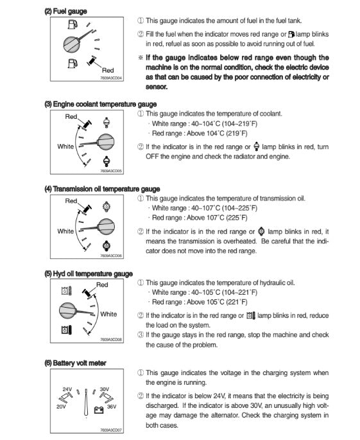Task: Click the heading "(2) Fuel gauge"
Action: tap(65, 11)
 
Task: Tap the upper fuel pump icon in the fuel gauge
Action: tap(73, 24)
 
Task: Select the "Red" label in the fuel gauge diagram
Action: tap(108, 70)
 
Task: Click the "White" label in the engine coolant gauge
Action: tap(65, 146)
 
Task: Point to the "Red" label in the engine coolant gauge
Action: tap(71, 116)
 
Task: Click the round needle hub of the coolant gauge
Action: tap(106, 142)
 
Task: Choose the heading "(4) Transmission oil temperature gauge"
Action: tap(102, 189)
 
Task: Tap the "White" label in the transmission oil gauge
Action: tap(65, 231)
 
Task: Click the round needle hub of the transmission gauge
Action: tap(106, 227)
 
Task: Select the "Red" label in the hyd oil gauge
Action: tap(102, 285)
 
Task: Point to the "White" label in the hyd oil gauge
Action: tap(108, 314)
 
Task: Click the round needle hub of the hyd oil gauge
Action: tap(67, 311)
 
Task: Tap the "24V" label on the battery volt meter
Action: tap(67, 389)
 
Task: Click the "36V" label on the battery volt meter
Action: tap(112, 407)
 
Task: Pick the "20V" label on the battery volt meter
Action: tap(61, 407)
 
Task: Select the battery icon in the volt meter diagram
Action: tap(99, 410)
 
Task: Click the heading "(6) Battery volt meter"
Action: tap(75, 363)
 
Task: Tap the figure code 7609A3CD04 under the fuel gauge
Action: tap(111, 78)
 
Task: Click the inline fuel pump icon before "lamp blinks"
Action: tap(291, 34)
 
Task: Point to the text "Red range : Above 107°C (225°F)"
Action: tap(200, 218)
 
